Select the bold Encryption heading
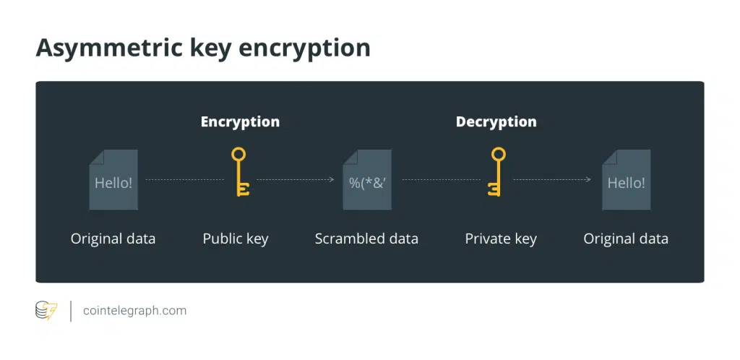pyautogui.click(x=240, y=121)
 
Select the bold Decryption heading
pyautogui.click(x=496, y=121)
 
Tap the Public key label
pyautogui.click(x=235, y=239)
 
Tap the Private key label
pyautogui.click(x=501, y=239)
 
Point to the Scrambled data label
pyautogui.click(x=366, y=239)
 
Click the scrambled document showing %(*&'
pyautogui.click(x=367, y=181)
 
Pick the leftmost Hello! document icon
pyautogui.click(x=113, y=181)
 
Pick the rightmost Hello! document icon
pyautogui.click(x=626, y=181)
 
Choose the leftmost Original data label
pyautogui.click(x=113, y=239)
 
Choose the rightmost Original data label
pyautogui.click(x=626, y=239)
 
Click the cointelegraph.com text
pyautogui.click(x=134, y=311)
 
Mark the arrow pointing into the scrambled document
pyautogui.click(x=330, y=179)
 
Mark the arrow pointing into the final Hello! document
pyautogui.click(x=588, y=179)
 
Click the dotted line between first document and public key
pyautogui.click(x=184, y=179)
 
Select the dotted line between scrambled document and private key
pyautogui.click(x=442, y=179)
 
